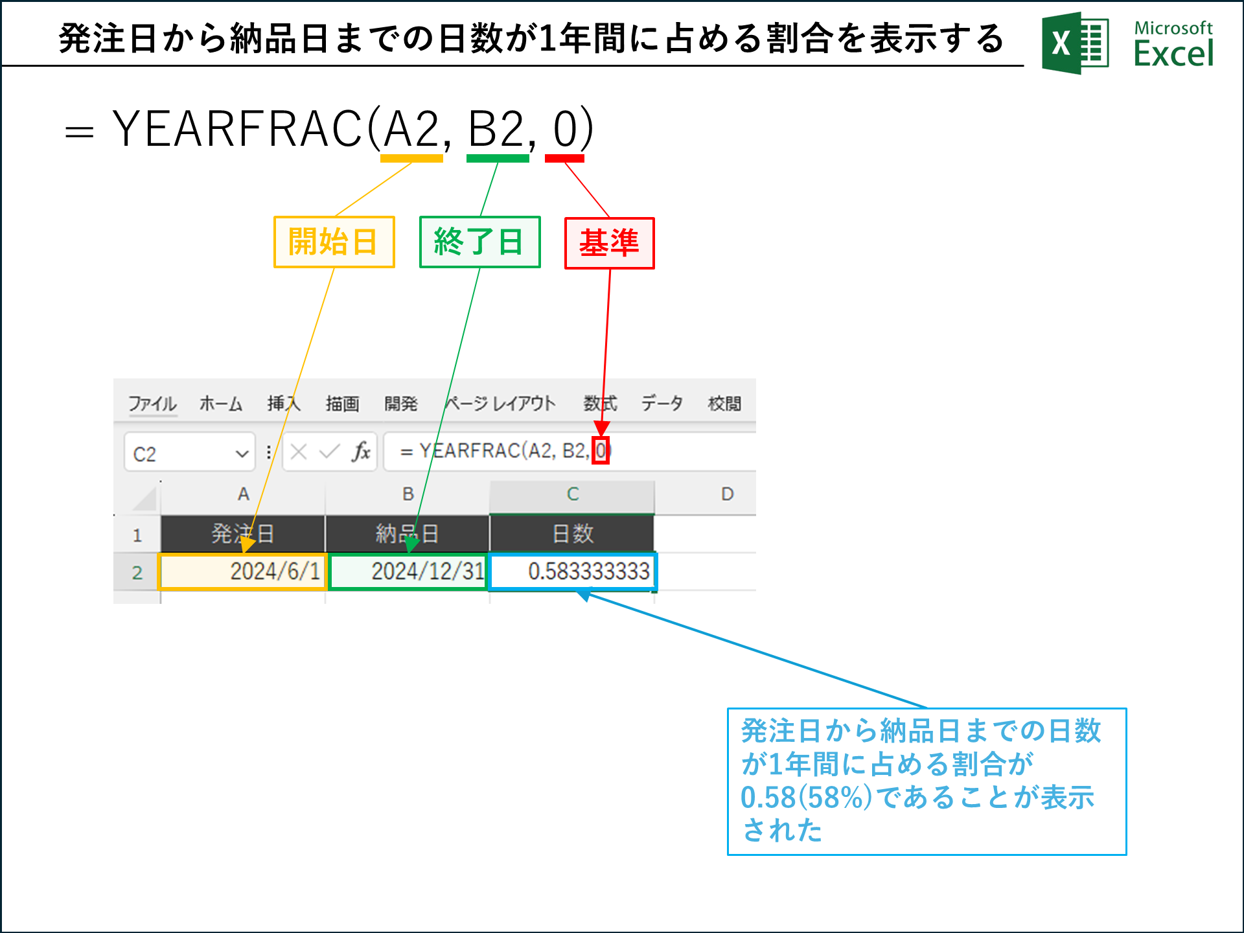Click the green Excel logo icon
1076,43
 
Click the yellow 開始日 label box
334,242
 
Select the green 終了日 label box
479,242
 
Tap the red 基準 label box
609,243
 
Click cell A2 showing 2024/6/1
242,571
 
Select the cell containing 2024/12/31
408,571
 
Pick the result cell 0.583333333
573,571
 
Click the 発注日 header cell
242,534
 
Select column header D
727,494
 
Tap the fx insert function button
361,452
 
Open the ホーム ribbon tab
220,404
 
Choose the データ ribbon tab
662,404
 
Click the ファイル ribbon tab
152,404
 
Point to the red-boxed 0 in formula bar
601,450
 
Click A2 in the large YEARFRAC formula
411,130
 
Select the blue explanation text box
927,781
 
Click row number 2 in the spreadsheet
137,573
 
